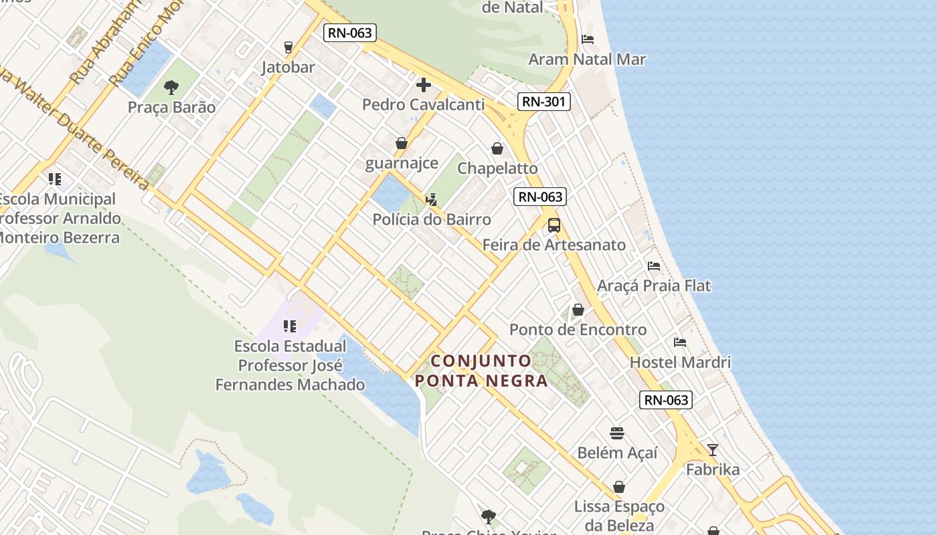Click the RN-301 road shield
pyautogui.click(x=543, y=102)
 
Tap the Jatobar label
pyautogui.click(x=288, y=67)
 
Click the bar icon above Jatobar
pyautogui.click(x=288, y=47)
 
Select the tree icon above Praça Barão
pyautogui.click(x=171, y=87)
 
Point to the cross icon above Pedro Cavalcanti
pyautogui.click(x=423, y=85)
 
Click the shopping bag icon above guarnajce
pyautogui.click(x=402, y=143)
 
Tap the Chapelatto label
pyautogui.click(x=497, y=169)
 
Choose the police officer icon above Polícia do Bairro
pyautogui.click(x=432, y=199)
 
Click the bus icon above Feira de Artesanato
pyautogui.click(x=554, y=225)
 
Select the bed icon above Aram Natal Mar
pyautogui.click(x=588, y=39)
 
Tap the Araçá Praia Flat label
pyautogui.click(x=654, y=286)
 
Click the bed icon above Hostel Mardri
pyautogui.click(x=680, y=342)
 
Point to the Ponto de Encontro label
pyautogui.click(x=578, y=330)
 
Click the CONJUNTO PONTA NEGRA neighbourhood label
pyautogui.click(x=482, y=370)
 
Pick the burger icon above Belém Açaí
pyautogui.click(x=617, y=433)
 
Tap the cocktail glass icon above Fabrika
pyautogui.click(x=713, y=450)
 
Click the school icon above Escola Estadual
pyautogui.click(x=289, y=326)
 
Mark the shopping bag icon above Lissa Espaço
pyautogui.click(x=619, y=487)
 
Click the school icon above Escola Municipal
pyautogui.click(x=55, y=179)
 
